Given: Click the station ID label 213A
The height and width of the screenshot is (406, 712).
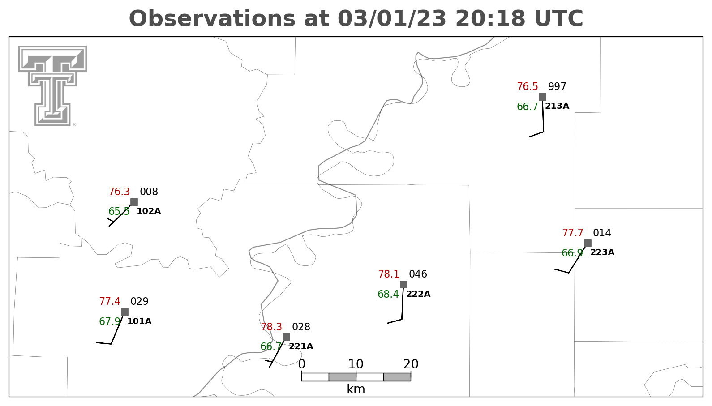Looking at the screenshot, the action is [557, 106].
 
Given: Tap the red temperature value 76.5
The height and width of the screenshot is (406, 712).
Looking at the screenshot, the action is [528, 87].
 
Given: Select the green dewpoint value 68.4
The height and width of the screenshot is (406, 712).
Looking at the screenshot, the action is [388, 294].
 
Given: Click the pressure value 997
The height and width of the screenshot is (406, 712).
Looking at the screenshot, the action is [557, 87].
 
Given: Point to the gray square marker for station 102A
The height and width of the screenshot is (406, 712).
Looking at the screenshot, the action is [134, 202].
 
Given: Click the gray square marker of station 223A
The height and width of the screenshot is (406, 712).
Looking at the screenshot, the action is [588, 244].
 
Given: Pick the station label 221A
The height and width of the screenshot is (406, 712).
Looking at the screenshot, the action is [300, 346].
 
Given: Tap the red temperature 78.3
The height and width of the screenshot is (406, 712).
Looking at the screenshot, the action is [271, 327].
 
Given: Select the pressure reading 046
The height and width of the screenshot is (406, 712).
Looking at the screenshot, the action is [418, 274].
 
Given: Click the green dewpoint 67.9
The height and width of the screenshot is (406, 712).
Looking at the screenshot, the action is [110, 321].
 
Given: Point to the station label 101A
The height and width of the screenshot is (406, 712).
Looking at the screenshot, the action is [139, 321].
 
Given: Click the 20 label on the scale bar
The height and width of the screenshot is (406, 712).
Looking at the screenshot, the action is [411, 364].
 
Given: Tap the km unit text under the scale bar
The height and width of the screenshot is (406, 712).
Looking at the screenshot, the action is [356, 389].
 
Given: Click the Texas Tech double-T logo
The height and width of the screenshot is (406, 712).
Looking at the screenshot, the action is [52, 86].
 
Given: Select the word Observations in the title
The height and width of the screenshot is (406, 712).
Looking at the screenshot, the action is [212, 18].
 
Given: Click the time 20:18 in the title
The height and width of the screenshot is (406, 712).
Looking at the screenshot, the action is [490, 18].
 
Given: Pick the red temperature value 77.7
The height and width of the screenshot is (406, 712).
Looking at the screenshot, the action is [573, 233].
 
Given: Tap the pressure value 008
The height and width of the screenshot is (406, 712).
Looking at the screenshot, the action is [149, 192].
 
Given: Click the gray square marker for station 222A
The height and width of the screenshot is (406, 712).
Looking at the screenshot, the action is [403, 284].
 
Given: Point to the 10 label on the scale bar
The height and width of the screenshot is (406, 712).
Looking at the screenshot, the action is [356, 364].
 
